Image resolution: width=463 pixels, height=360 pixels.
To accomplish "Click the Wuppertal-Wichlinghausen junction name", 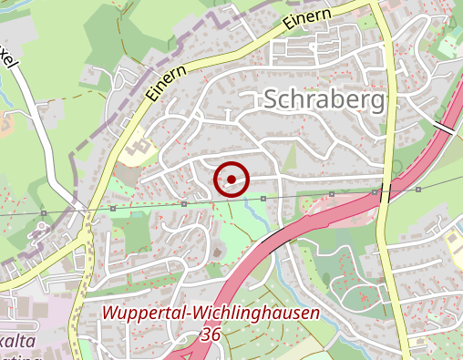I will [211, 314].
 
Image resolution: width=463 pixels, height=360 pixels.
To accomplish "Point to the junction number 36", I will [211, 336].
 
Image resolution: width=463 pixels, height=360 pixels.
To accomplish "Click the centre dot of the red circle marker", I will [231, 179].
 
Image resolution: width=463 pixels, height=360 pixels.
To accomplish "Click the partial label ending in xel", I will [8, 62].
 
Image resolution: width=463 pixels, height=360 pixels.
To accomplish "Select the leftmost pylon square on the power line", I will [44, 213].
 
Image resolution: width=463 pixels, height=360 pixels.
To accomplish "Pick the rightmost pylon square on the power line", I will [418, 190].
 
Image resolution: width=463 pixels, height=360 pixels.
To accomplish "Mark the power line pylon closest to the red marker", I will [262, 198].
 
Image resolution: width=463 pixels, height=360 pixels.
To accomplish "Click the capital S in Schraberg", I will [273, 101].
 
